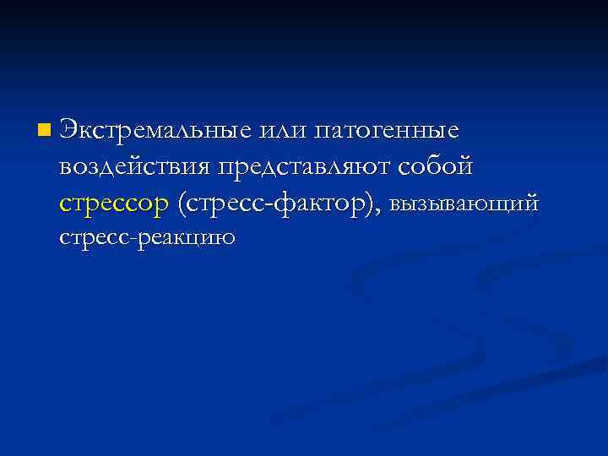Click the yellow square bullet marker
(43, 131)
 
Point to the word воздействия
(136, 167)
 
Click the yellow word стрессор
(114, 204)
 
